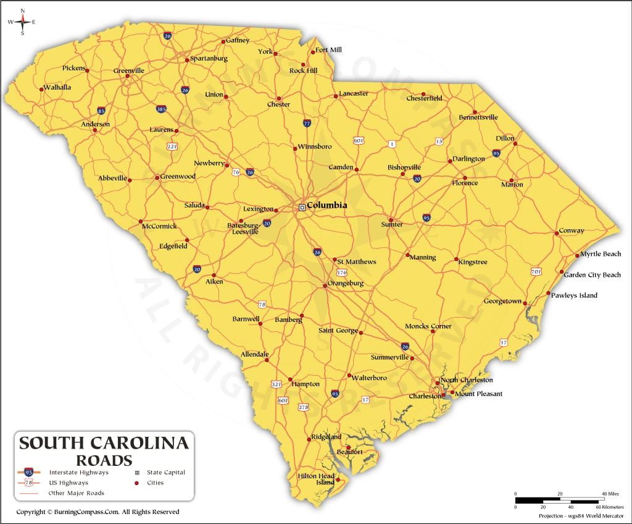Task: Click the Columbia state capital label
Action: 326,205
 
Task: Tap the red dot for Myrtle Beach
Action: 577,255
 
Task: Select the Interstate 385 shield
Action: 161,109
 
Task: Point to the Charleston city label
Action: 425,396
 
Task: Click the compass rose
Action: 23,22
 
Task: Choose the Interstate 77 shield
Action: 307,123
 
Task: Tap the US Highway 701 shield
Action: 536,271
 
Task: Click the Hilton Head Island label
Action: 316,479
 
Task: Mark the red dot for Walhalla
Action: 41,90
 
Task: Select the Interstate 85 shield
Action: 101,111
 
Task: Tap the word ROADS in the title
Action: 104,460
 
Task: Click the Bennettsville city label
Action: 478,117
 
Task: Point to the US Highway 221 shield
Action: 172,146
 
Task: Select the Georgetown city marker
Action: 525,303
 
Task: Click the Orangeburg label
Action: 346,284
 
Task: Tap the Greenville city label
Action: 129,70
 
